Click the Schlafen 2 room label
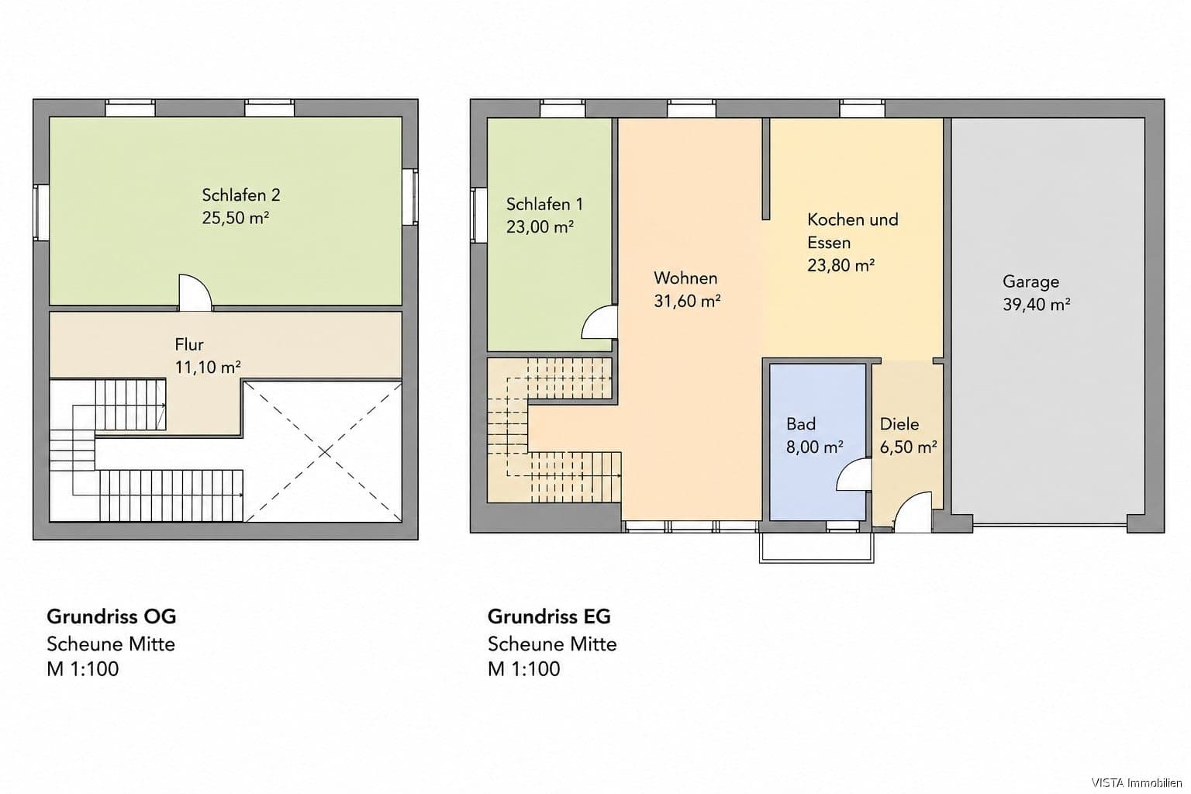[241, 195]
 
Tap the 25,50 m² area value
[236, 218]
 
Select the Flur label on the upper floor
[189, 344]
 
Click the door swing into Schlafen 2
[195, 292]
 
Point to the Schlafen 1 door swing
[599, 322]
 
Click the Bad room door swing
[854, 475]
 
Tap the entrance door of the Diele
[913, 512]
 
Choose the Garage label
[1030, 281]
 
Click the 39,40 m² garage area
[1036, 304]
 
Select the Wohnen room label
[685, 278]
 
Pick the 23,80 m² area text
[841, 265]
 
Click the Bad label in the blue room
[801, 424]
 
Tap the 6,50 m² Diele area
[908, 447]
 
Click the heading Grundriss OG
[111, 616]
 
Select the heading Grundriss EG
[549, 616]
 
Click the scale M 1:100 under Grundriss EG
[523, 668]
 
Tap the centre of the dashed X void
[324, 452]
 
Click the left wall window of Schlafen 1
[478, 215]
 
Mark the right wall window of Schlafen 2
[410, 197]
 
